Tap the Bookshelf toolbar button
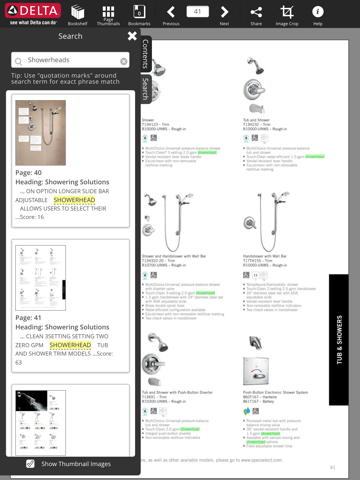pyautogui.click(x=77, y=13)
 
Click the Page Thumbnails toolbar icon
pyautogui.click(x=108, y=13)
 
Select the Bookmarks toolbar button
pyautogui.click(x=139, y=13)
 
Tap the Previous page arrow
pyautogui.click(x=171, y=13)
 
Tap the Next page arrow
pyautogui.click(x=224, y=13)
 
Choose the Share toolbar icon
pyautogui.click(x=256, y=13)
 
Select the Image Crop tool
pyautogui.click(x=287, y=13)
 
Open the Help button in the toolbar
pyautogui.click(x=318, y=13)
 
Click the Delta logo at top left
pyautogui.click(x=30, y=13)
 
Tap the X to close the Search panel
pyautogui.click(x=132, y=36)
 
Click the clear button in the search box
pyautogui.click(x=123, y=61)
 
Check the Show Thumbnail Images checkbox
pyautogui.click(x=30, y=463)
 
